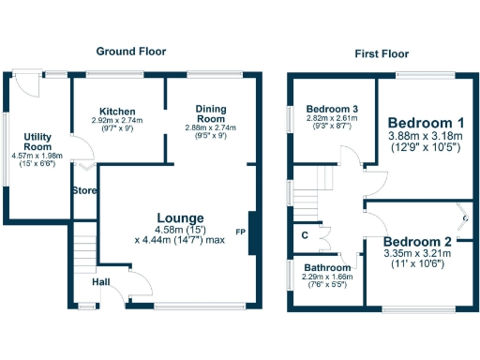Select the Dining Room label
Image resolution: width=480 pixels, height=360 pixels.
(211, 114)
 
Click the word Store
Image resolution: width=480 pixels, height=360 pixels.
(84, 192)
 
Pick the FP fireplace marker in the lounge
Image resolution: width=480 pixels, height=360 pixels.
(241, 232)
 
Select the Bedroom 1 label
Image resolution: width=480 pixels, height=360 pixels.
(426, 123)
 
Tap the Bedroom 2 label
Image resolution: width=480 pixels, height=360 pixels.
(418, 241)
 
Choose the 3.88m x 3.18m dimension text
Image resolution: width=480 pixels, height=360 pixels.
(426, 137)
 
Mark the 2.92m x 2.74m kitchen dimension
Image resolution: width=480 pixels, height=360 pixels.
(117, 121)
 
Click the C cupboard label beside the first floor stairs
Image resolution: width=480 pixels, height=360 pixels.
(305, 235)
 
